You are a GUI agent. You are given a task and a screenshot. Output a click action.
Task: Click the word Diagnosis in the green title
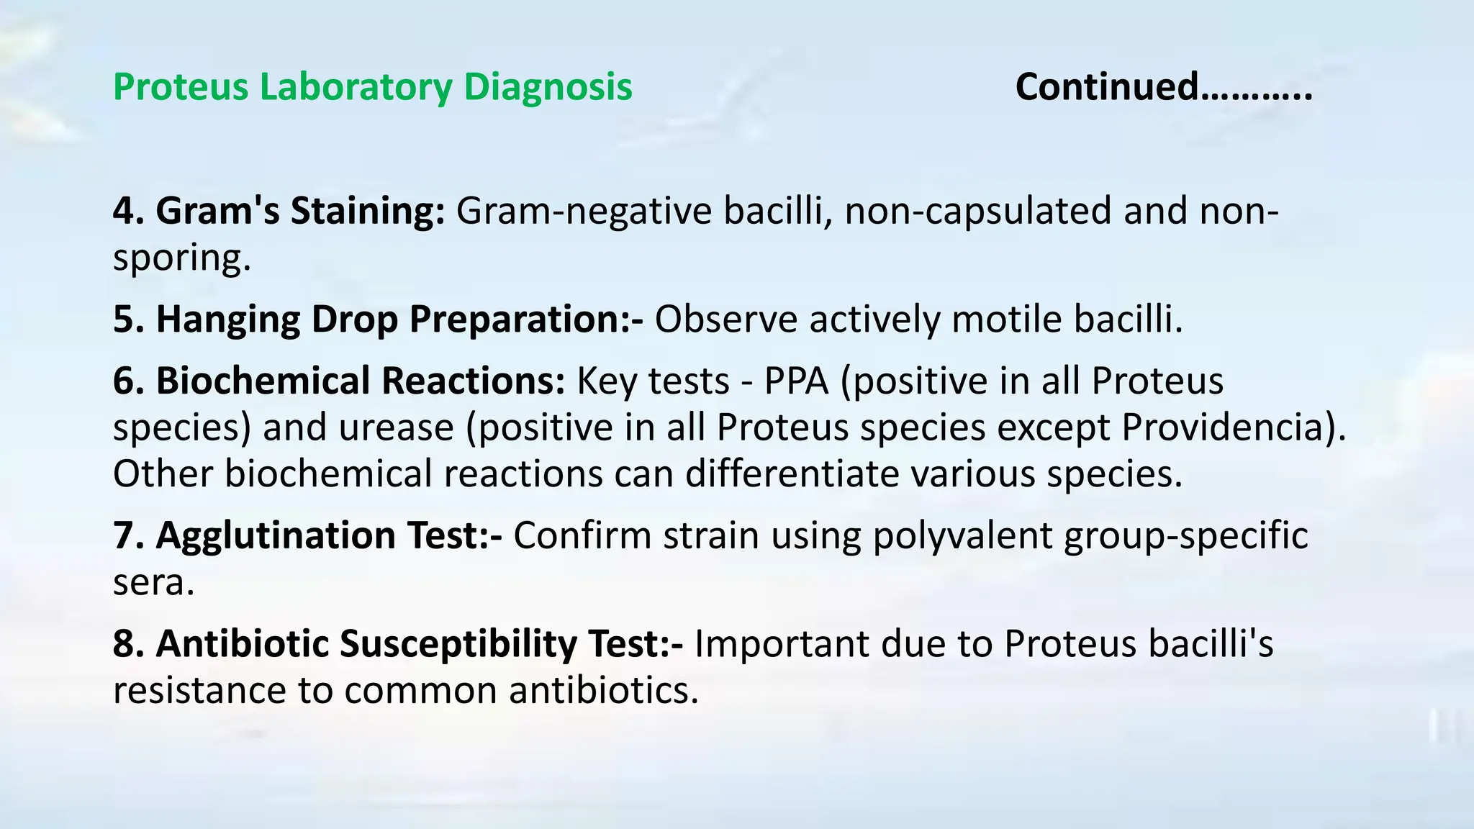click(548, 88)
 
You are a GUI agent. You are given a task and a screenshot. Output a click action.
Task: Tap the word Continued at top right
click(1107, 88)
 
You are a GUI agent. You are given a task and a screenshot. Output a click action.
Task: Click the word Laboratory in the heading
click(356, 88)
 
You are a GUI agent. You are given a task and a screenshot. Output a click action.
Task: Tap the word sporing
click(181, 258)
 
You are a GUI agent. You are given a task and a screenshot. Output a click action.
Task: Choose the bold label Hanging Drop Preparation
click(378, 320)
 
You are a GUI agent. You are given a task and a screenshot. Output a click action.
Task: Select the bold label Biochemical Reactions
click(339, 381)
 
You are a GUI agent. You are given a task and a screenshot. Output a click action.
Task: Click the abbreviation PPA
click(796, 381)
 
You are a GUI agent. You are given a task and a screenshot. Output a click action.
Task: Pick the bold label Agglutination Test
click(307, 536)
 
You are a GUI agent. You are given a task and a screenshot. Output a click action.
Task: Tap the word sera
click(153, 583)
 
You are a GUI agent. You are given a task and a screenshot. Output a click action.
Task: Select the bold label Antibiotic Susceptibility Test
click(398, 644)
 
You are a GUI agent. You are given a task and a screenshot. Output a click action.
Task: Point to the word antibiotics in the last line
click(603, 691)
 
